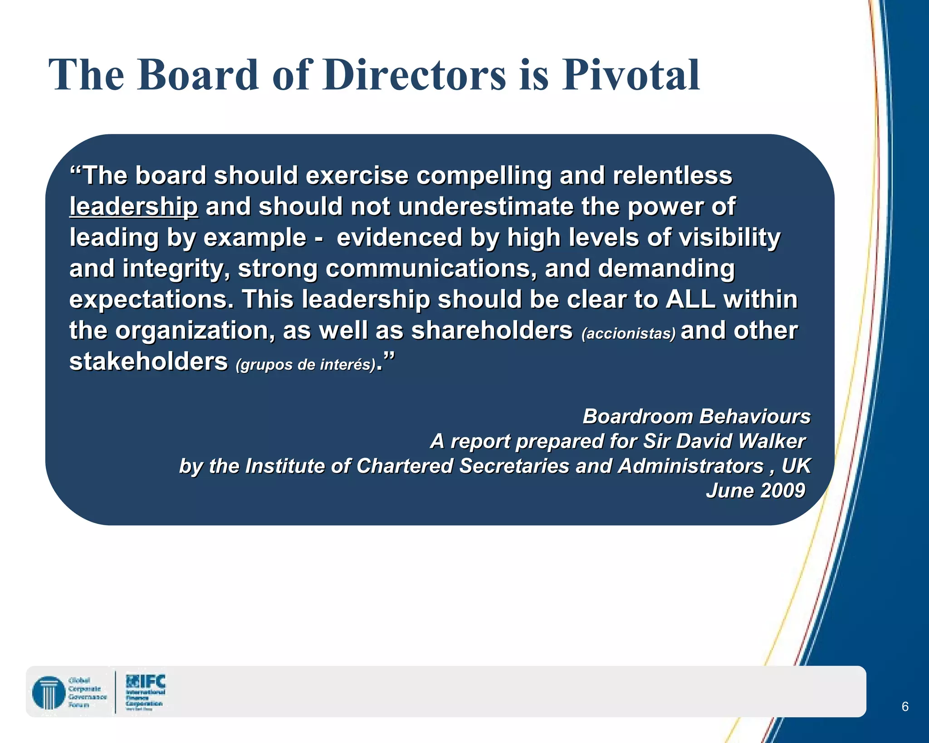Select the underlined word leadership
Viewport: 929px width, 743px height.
click(133, 207)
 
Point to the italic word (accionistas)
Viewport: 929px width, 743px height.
click(628, 334)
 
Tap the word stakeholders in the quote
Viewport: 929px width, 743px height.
click(148, 362)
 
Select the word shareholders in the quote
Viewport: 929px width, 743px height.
click(492, 331)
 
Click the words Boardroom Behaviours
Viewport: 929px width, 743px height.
click(696, 416)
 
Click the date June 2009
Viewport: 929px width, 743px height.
click(755, 491)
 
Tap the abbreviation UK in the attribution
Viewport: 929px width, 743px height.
click(796, 466)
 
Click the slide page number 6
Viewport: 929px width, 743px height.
click(905, 706)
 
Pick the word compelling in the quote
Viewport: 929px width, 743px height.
click(484, 176)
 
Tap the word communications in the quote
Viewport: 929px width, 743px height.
click(428, 269)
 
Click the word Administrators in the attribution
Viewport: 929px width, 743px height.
click(691, 466)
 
